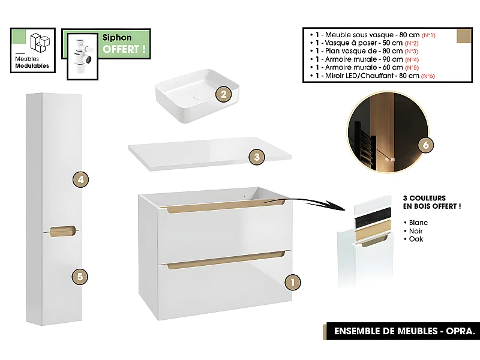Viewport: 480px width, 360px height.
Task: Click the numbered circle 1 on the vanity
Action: coord(292,281)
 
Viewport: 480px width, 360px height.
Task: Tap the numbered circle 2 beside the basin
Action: coord(223,94)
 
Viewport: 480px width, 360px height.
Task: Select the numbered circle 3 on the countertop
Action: coord(256,157)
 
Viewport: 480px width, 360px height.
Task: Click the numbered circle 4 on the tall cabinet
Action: coord(80,179)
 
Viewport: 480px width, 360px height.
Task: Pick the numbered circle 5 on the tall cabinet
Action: coord(80,277)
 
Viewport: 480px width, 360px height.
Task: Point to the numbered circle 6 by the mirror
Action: coord(425,145)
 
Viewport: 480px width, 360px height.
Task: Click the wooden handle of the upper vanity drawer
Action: coord(225,207)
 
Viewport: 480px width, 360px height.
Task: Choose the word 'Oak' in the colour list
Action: coord(416,239)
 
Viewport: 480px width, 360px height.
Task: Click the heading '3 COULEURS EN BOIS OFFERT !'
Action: coord(431,202)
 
